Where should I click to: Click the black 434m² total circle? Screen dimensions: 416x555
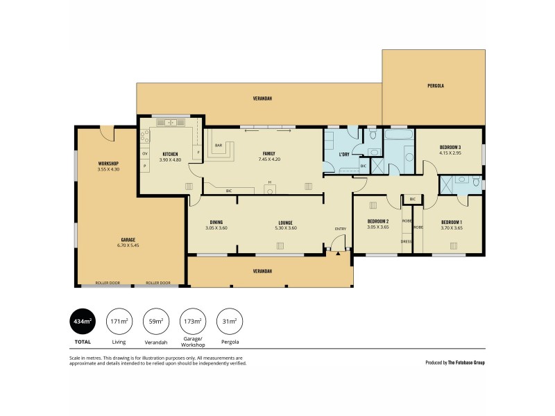[81, 321]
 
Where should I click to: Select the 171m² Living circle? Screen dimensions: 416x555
[119, 321]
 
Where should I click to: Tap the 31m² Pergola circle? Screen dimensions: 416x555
[230, 321]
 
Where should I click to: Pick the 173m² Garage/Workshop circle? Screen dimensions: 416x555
[192, 321]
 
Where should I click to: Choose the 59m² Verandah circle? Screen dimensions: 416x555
[156, 321]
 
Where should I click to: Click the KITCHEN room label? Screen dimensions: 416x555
[170, 154]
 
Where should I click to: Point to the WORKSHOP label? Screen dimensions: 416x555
[108, 163]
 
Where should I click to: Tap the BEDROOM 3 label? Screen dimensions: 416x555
[450, 147]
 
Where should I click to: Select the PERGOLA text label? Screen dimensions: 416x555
[435, 86]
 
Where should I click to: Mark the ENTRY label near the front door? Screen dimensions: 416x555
[340, 229]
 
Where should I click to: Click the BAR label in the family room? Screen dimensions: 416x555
[219, 146]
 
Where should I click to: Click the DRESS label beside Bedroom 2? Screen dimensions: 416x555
[407, 241]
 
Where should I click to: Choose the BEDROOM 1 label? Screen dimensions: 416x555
[452, 221]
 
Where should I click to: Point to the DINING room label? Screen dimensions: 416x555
[216, 222]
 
